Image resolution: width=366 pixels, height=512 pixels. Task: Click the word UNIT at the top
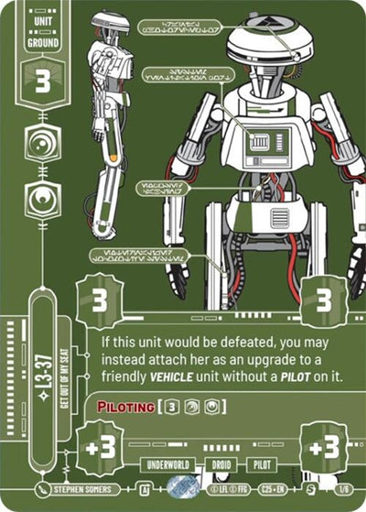[x=43, y=19]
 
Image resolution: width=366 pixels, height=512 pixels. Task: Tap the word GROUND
[x=43, y=42]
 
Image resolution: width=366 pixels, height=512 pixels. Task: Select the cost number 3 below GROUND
[x=43, y=78]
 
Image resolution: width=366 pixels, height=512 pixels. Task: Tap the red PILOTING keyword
[x=125, y=406]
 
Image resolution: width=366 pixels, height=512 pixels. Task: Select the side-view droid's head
[x=109, y=25]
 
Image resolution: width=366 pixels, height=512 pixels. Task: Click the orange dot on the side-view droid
[x=113, y=158]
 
